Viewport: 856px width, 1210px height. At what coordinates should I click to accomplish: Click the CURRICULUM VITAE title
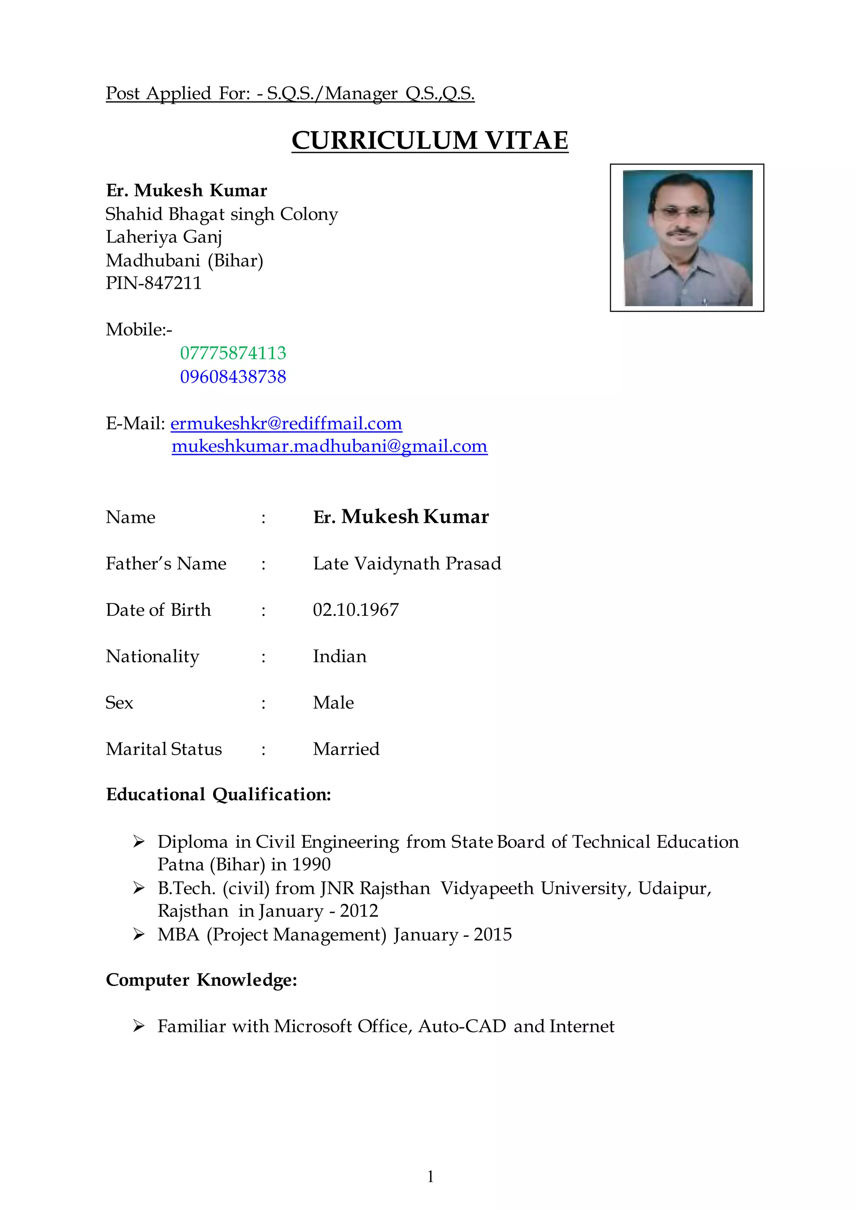click(x=430, y=140)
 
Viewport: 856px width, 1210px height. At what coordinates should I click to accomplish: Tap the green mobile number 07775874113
click(x=233, y=353)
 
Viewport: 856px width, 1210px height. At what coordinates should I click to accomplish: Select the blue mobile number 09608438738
click(x=233, y=376)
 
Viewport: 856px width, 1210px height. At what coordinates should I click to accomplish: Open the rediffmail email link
click(x=286, y=423)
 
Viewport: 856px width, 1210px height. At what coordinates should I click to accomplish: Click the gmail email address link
click(x=329, y=446)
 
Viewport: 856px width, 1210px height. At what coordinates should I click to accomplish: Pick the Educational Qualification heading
click(x=218, y=794)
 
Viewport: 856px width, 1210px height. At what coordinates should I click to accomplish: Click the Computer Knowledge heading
click(x=201, y=980)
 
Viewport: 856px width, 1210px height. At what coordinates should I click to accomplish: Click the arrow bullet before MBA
click(x=139, y=934)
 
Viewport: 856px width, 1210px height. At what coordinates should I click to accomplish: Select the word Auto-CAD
click(x=462, y=1026)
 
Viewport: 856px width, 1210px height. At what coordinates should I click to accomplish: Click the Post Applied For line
click(x=290, y=93)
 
